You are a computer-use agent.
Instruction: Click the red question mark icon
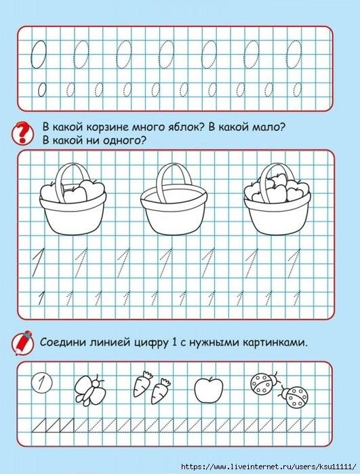coord(23,131)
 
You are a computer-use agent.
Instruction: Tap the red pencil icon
coord(23,342)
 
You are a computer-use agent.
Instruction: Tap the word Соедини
coord(66,342)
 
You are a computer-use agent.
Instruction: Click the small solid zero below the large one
coord(41,90)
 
